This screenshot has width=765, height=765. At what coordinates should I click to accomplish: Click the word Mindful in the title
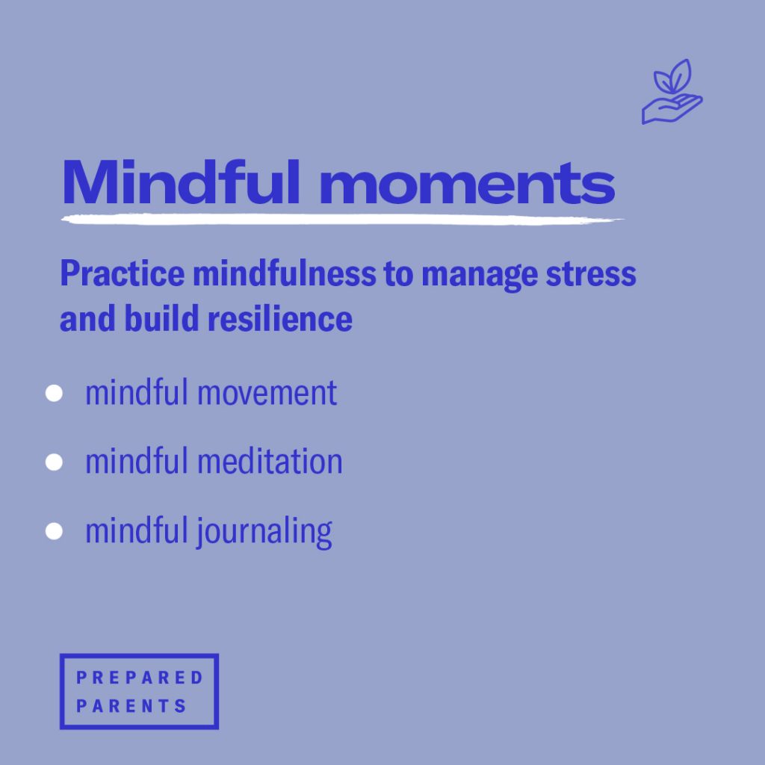point(181,182)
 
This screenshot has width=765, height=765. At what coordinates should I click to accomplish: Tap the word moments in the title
point(467,184)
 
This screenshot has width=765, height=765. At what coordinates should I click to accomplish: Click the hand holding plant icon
point(672,92)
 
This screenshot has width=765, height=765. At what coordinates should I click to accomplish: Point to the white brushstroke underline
point(342,220)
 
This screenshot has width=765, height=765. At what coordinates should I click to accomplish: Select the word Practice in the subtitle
point(123,273)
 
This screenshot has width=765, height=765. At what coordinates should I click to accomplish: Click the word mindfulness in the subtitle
point(285,273)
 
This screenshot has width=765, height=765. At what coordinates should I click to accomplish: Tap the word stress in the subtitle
point(591,275)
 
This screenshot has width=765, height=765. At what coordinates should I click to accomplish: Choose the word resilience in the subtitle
point(280,318)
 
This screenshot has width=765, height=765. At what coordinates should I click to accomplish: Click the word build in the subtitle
point(161,318)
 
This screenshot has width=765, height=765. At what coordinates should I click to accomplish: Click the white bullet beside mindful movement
point(54,393)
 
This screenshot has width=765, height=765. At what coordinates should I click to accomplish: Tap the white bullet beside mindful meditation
point(54,462)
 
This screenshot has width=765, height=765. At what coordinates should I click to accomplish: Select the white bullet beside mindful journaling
point(54,531)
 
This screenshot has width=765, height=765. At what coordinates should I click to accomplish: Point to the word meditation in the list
point(270,461)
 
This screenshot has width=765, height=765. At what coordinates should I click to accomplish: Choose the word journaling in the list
point(264,532)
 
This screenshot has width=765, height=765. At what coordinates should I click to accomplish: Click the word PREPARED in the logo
point(139,678)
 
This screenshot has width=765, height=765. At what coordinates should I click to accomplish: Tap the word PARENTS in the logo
point(131,706)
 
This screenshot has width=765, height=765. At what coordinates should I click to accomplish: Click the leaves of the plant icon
point(672,76)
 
